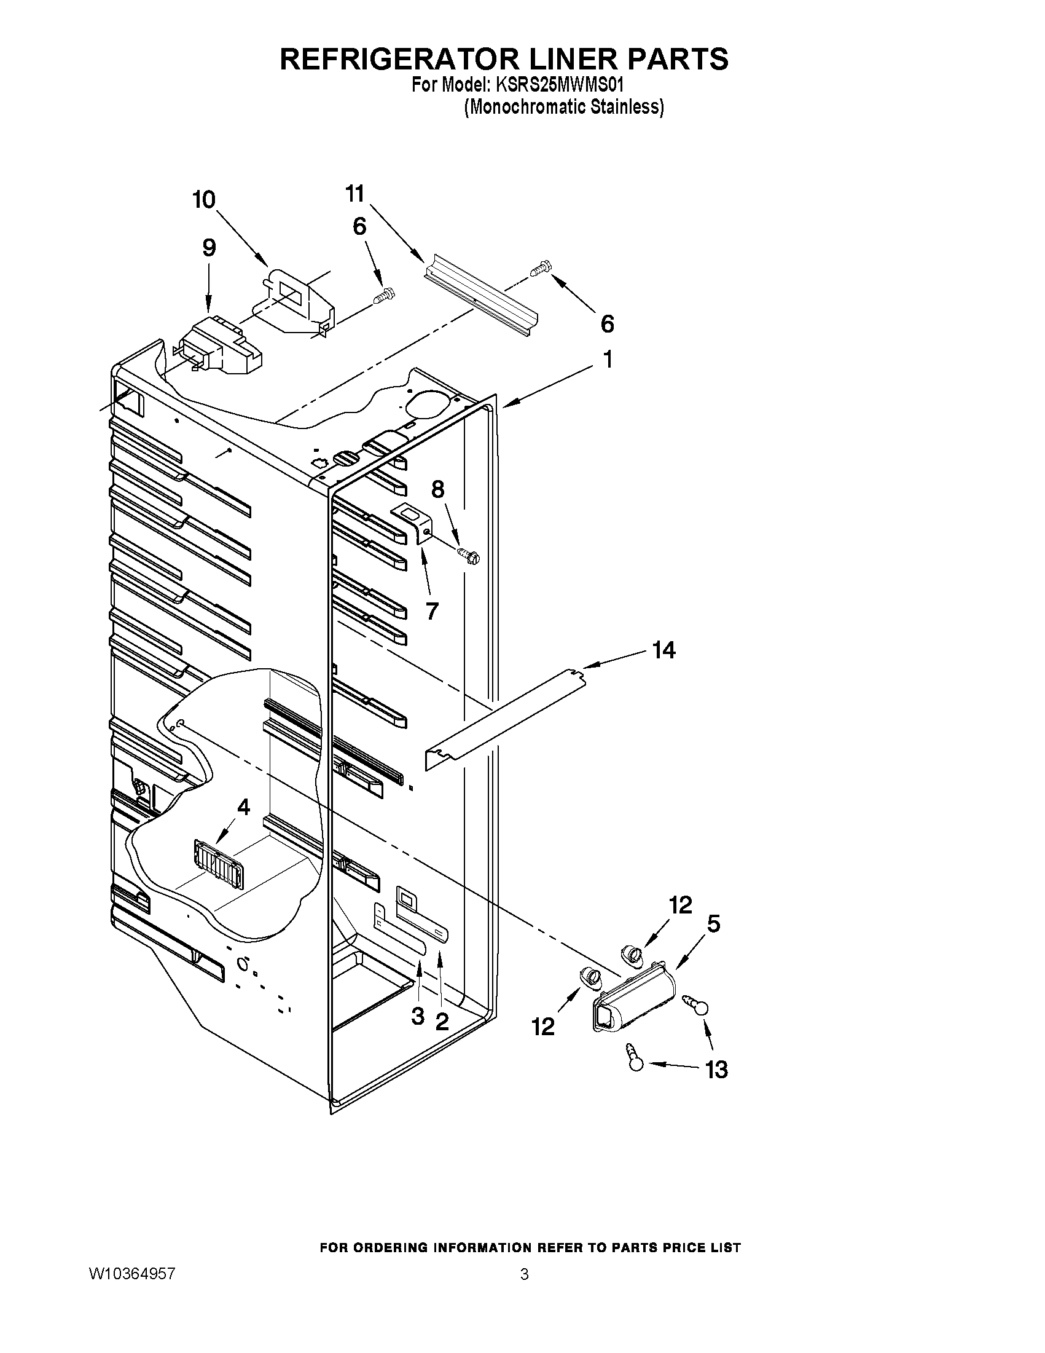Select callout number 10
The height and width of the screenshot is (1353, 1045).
coord(204,200)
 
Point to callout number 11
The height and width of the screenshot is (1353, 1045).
coord(354,193)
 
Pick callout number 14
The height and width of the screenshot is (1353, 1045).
coord(663,650)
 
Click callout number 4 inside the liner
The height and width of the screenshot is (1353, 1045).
coord(243,807)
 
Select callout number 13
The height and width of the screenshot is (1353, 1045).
coord(716,1070)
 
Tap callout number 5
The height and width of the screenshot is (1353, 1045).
coord(713,924)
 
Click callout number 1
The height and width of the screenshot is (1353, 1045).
coord(608,360)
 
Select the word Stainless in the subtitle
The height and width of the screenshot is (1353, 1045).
coord(627,107)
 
